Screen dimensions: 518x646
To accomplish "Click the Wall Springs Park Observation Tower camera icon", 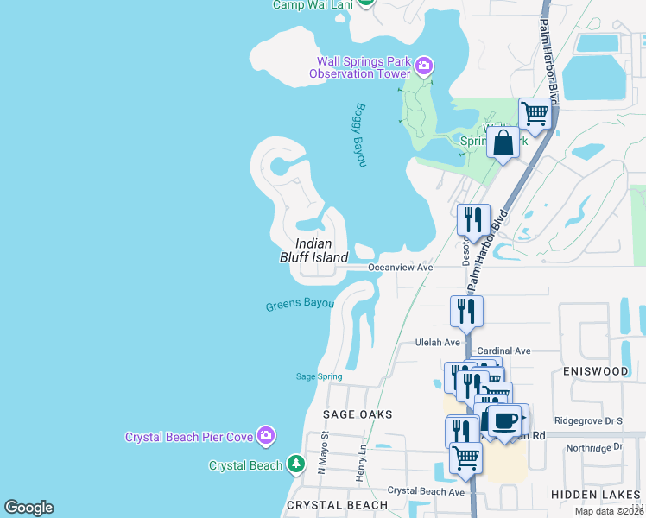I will coord(424,66).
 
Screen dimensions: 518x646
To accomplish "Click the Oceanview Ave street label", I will coord(400,268).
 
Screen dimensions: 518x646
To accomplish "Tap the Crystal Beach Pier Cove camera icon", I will coord(267,437).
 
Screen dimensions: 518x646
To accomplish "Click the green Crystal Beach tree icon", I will coord(296,465).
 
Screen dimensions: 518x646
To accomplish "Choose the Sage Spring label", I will coord(320,376).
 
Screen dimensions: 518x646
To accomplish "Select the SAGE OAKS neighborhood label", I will coord(358,414).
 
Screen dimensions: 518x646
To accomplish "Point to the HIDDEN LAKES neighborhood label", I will coord(594,496).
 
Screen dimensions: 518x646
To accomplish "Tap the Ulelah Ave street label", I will coord(438,342).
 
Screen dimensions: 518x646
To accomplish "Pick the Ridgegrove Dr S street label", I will coord(588,421).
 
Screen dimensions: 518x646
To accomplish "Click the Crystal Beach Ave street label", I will coord(426,490).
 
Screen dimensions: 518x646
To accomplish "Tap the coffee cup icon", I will coord(505,420).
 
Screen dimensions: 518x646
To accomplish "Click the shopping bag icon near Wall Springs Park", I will coord(503,142).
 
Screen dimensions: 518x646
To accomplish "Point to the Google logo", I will coord(28,508).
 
